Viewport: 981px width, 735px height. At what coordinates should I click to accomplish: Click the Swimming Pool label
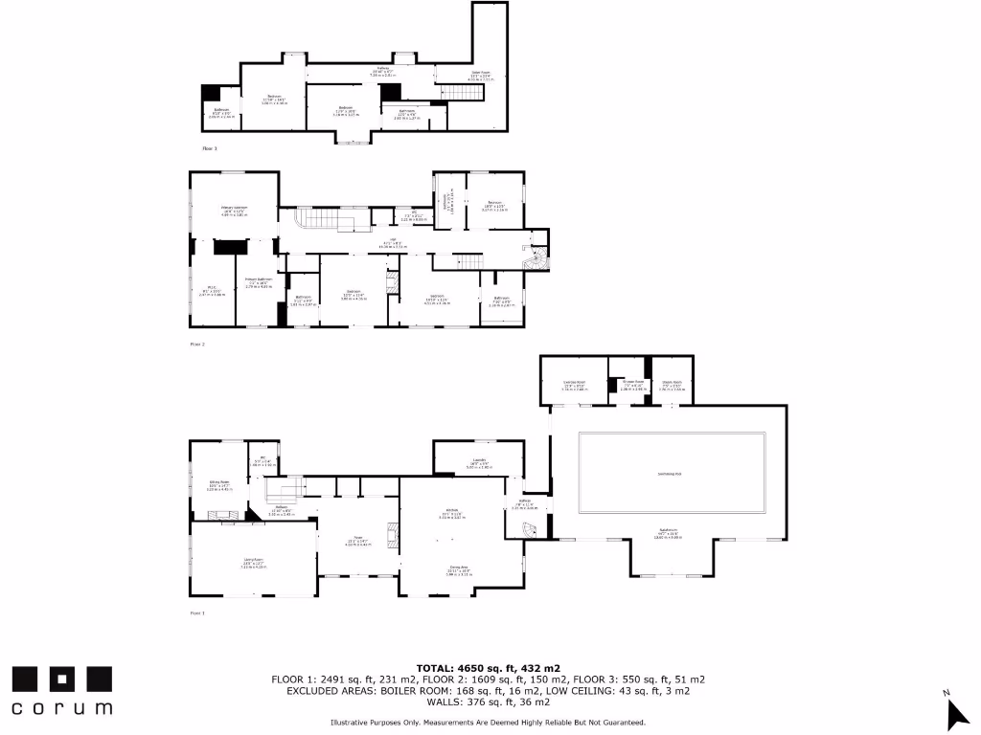[670, 474]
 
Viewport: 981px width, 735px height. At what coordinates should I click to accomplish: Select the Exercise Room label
[574, 386]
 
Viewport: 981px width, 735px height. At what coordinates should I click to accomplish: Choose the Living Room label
[253, 565]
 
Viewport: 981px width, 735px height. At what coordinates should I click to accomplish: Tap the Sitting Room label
[220, 484]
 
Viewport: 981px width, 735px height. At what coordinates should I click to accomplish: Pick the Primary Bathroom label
[260, 282]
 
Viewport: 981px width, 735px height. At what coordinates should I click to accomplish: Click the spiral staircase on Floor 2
[533, 258]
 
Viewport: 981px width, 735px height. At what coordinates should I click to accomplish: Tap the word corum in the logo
[62, 708]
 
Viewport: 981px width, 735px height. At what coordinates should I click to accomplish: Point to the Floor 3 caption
[210, 148]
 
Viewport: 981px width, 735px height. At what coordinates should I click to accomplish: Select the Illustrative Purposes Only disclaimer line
[489, 723]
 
